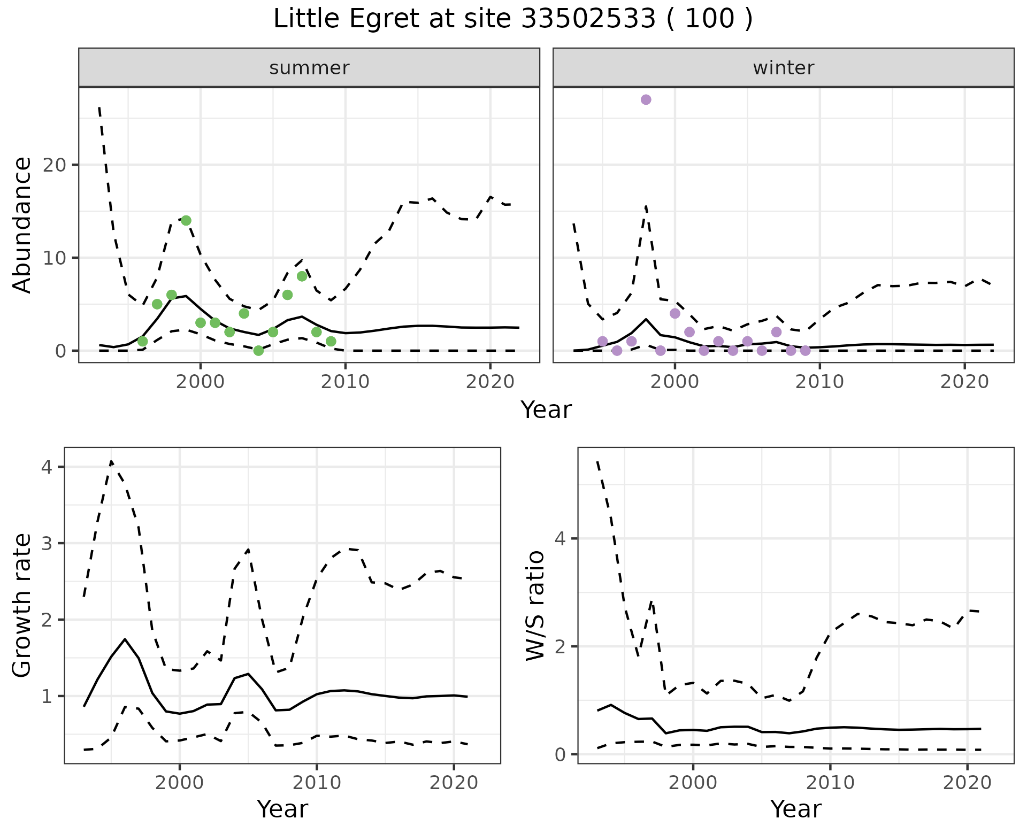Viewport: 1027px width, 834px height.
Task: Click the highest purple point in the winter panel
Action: tap(646, 99)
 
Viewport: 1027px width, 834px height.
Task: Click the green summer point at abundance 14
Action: tap(186, 220)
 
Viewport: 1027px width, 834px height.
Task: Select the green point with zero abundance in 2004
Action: tap(258, 351)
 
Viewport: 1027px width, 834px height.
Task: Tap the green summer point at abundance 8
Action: tap(302, 276)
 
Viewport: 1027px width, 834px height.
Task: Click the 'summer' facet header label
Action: tap(309, 68)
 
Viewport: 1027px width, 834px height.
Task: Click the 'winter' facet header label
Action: tap(783, 68)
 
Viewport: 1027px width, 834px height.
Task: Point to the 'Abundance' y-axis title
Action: tap(22, 225)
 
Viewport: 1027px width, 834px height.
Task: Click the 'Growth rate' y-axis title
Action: tap(22, 605)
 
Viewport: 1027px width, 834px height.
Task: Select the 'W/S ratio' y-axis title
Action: tap(535, 605)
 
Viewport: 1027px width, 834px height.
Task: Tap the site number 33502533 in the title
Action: tap(588, 19)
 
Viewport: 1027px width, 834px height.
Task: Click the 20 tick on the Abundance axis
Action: tap(54, 165)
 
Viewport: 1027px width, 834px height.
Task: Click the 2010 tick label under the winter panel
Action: tap(819, 382)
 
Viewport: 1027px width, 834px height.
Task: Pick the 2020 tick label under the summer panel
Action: tap(490, 382)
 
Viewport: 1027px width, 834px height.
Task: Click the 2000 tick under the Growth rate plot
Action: tap(180, 783)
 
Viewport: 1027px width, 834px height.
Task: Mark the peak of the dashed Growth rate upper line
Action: tap(111, 461)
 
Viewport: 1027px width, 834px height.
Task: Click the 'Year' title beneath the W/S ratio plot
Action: tap(795, 809)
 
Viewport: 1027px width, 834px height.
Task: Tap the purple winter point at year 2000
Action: tap(675, 313)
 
